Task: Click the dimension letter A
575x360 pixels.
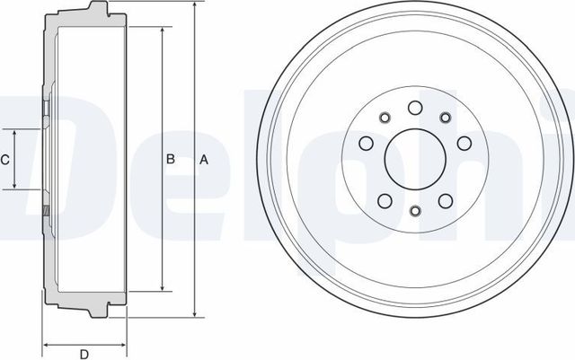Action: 204,160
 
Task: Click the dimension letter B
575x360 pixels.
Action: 171,160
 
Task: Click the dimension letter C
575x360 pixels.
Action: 4,160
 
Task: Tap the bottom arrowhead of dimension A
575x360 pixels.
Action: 193,314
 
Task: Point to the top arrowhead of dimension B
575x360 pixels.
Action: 161,31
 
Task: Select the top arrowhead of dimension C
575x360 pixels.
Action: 15,132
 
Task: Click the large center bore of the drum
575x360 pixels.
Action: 415,160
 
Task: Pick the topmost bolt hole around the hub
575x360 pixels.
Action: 415,109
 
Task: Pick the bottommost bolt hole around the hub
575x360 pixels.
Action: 415,211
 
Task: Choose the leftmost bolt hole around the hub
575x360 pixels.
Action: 366,144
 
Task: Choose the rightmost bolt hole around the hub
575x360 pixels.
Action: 464,144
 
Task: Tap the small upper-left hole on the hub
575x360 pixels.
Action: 385,117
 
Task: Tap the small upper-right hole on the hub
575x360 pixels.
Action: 445,117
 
